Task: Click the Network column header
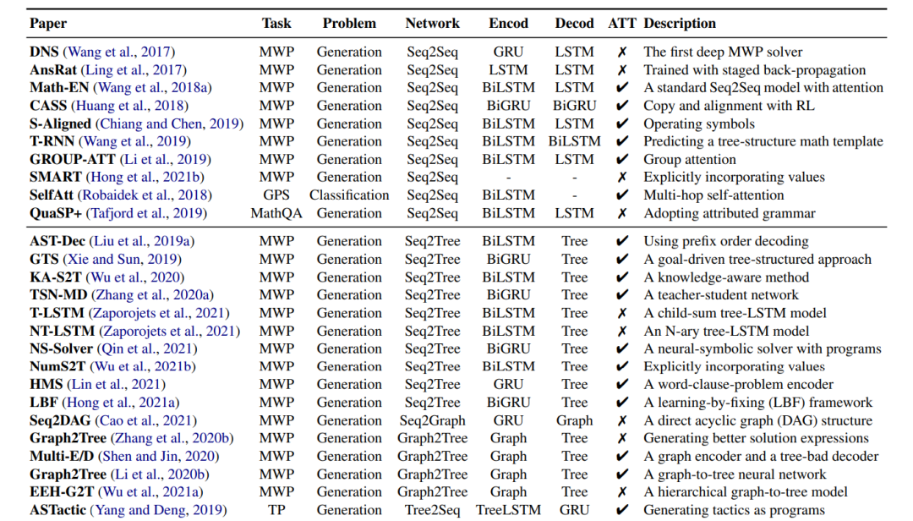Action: (432, 24)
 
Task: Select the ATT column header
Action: (622, 24)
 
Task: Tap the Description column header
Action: (680, 24)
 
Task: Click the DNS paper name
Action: (44, 52)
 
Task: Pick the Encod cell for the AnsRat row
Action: (508, 70)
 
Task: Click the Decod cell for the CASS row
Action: (574, 106)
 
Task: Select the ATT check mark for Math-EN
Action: (622, 87)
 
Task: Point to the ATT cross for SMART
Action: (622, 177)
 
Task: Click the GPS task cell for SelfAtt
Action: (276, 195)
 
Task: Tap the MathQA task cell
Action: (276, 213)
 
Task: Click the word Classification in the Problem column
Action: (349, 195)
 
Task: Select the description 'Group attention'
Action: (690, 160)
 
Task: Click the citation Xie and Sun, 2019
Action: (123, 260)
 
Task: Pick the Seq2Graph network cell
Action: (432, 420)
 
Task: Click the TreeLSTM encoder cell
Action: (508, 510)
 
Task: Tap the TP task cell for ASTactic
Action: (276, 510)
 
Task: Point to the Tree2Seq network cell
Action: (432, 510)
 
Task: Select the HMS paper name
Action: (46, 385)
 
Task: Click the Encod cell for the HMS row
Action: (508, 385)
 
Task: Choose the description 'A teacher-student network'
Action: (721, 295)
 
